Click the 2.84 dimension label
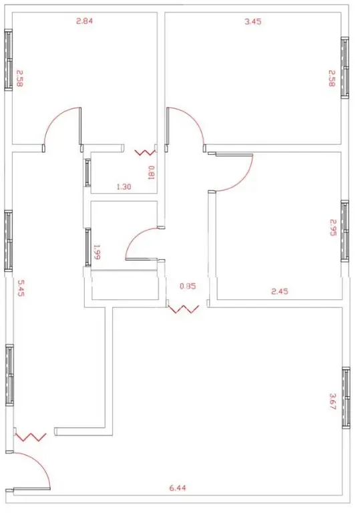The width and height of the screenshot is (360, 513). point(84,21)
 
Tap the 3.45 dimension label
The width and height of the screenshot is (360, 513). point(253,22)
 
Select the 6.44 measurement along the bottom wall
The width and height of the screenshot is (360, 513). point(178,488)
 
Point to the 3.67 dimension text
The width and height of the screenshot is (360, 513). point(332,401)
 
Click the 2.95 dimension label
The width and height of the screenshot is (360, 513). point(333,227)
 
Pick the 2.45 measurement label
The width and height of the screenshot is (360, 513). point(280,291)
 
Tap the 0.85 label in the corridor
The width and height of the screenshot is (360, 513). point(188,286)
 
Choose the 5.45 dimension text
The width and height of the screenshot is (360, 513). point(21,288)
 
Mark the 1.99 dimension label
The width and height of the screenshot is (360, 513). point(97,252)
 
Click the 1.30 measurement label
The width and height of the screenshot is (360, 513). point(124,187)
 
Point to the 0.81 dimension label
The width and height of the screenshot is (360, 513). point(151,173)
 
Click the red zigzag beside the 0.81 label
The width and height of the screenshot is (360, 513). point(145,152)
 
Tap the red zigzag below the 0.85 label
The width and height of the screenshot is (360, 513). point(183,309)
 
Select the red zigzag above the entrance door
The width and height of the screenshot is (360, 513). point(31,437)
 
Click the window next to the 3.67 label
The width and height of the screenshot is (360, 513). point(346,397)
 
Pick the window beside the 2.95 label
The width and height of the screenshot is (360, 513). point(345,231)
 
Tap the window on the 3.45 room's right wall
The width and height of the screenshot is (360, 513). point(345,67)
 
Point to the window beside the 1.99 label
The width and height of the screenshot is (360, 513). point(87,247)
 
